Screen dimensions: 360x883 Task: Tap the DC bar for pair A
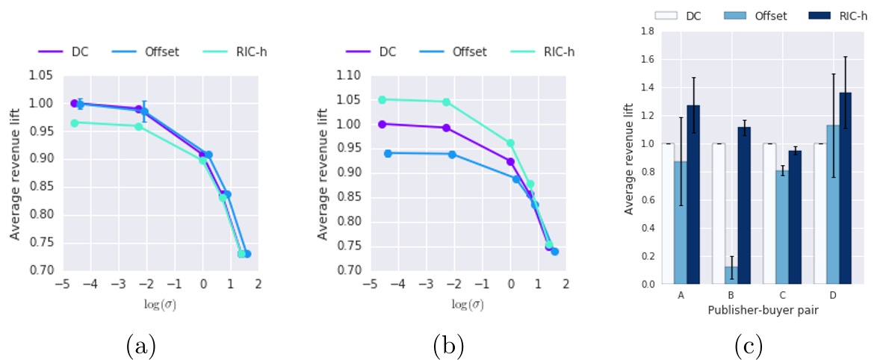[x=668, y=214]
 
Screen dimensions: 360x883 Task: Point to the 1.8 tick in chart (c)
[x=647, y=31]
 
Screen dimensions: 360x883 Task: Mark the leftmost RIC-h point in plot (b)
[x=382, y=99]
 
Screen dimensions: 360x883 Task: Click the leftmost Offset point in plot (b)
[x=388, y=153]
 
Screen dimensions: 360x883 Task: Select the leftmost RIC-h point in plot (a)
[x=74, y=122]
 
